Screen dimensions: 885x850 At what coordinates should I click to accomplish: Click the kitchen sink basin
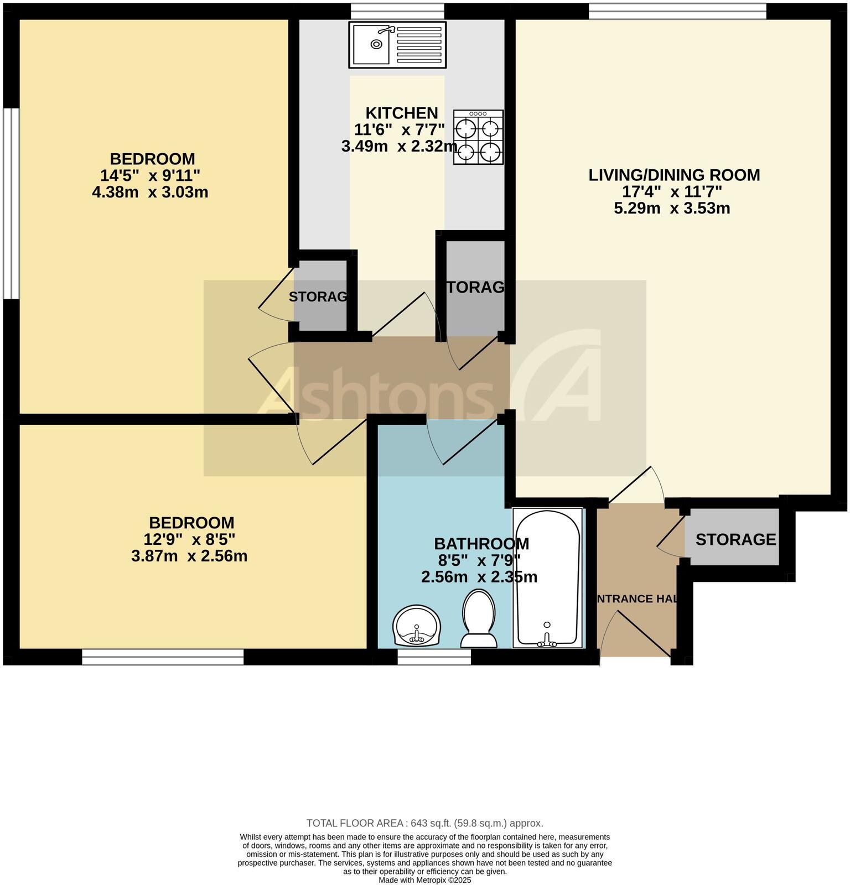(372, 44)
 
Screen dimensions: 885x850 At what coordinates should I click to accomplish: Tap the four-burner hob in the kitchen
(478, 137)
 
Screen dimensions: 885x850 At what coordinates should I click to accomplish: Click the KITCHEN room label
(402, 113)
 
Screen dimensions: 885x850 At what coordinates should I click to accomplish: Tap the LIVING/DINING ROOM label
(673, 175)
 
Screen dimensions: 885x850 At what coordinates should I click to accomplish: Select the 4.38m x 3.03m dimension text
(150, 192)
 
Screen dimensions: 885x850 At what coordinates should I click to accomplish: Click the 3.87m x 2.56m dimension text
(189, 556)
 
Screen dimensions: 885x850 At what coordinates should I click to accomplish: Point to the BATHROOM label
(481, 544)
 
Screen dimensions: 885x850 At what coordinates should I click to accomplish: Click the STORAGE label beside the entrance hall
(735, 539)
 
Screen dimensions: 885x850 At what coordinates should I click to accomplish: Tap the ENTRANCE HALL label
(637, 599)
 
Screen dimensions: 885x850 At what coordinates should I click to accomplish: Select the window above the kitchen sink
(397, 11)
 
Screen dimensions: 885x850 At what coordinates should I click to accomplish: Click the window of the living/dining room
(677, 11)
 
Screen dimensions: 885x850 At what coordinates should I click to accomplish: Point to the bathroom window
(434, 657)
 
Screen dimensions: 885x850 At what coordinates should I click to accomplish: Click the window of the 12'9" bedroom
(163, 657)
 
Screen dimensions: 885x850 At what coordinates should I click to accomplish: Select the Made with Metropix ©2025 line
(424, 879)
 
